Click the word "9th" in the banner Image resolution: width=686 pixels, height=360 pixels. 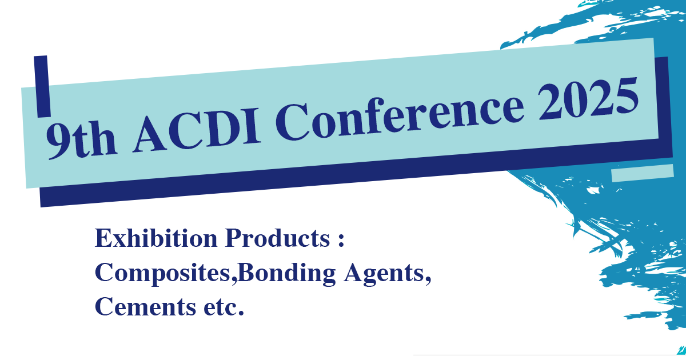[81, 139]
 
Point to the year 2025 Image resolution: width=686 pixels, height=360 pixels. [589, 98]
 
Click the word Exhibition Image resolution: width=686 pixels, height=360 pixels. [156, 238]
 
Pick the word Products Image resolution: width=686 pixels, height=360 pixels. [277, 238]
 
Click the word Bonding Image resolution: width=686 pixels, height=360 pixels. [287, 273]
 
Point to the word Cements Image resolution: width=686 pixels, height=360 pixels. [145, 307]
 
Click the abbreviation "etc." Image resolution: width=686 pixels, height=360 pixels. [224, 307]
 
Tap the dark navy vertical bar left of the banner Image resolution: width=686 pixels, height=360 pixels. [42, 86]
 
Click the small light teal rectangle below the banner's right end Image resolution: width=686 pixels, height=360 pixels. [643, 173]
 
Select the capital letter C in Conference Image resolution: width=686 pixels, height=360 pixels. [293, 122]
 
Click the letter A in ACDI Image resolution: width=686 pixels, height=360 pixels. [149, 135]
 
